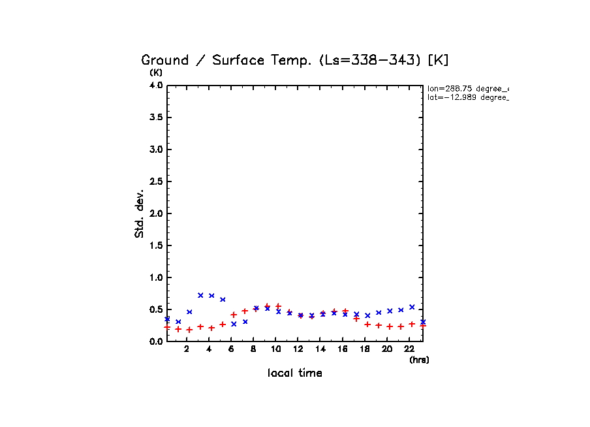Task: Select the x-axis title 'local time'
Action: tap(294, 373)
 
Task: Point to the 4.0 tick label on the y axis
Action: tap(155, 86)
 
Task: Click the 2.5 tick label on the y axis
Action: tap(155, 182)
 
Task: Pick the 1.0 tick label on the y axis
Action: tap(155, 277)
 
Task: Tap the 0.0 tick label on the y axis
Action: tap(155, 341)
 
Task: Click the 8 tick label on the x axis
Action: tap(253, 349)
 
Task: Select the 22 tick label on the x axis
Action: tap(409, 349)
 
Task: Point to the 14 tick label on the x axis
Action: tap(320, 349)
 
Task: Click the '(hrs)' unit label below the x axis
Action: tap(419, 360)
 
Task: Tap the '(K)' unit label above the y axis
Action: tap(156, 72)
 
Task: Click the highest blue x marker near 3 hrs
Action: tap(200, 295)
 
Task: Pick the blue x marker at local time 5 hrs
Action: tap(223, 300)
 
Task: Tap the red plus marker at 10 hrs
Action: tap(278, 306)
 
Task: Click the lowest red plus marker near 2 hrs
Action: tap(189, 330)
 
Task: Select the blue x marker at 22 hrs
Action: tap(412, 307)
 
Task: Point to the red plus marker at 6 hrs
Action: tap(234, 315)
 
